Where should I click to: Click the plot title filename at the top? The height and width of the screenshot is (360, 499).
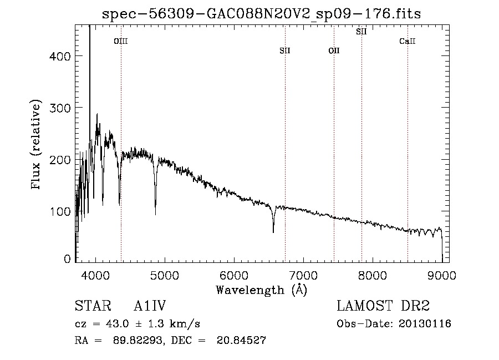point(261,14)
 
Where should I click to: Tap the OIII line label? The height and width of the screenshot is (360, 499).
point(121,41)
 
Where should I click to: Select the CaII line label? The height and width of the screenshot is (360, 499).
point(408,41)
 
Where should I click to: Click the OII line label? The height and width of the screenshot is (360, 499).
point(334,50)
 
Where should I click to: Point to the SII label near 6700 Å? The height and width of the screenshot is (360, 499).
point(285,50)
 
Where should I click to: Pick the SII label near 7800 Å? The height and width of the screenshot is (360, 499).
point(361,32)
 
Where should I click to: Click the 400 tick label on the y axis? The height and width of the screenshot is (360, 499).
point(60,57)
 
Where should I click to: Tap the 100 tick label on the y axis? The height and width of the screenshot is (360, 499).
point(60,212)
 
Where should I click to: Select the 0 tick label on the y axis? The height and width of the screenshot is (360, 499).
point(67,259)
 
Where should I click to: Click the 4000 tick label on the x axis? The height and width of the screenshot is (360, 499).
point(95,275)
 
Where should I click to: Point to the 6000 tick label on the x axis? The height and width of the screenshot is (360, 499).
point(234,275)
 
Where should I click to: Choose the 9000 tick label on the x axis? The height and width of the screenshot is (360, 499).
point(442,275)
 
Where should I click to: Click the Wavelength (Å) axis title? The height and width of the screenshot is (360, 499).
point(262,290)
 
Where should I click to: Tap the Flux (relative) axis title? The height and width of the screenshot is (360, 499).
point(36,145)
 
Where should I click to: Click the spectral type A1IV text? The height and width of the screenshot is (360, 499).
point(150,306)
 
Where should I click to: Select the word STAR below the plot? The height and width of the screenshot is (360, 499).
point(93,306)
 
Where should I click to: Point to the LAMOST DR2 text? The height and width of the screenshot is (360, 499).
point(383,306)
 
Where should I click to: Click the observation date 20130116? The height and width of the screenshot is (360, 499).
point(425,324)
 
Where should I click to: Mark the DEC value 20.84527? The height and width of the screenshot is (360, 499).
point(241,340)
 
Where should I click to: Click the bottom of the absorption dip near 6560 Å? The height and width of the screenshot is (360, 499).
point(273,232)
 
